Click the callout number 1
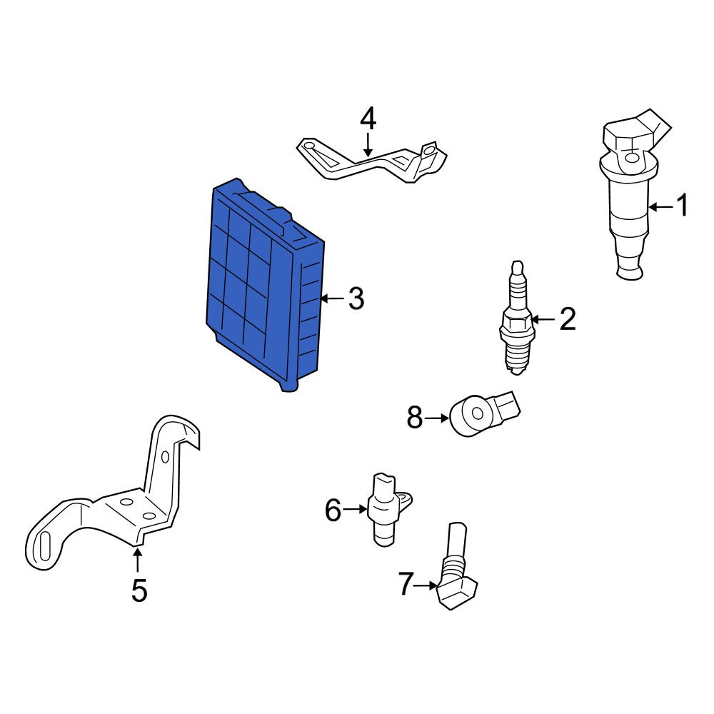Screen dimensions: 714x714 pyautogui.click(x=682, y=206)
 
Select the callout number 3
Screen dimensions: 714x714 pyautogui.click(x=356, y=298)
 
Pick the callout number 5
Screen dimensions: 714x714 pyautogui.click(x=139, y=590)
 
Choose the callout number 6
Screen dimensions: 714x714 pyautogui.click(x=333, y=510)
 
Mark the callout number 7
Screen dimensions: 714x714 pyautogui.click(x=406, y=585)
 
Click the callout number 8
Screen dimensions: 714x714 pyautogui.click(x=414, y=418)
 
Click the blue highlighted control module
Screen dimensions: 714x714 pyautogui.click(x=265, y=285)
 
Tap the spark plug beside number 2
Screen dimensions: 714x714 pyautogui.click(x=517, y=318)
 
